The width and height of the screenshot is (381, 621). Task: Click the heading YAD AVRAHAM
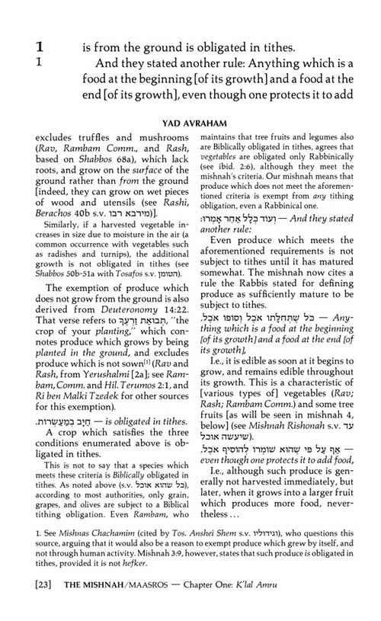pos(190,120)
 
